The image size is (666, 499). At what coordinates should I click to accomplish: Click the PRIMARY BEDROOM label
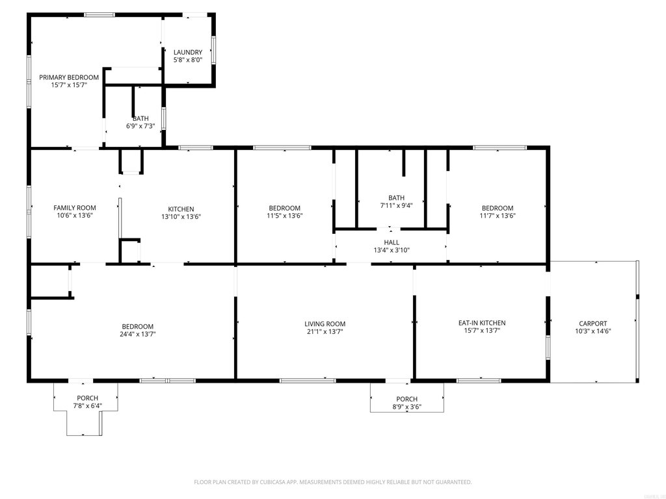click(x=69, y=77)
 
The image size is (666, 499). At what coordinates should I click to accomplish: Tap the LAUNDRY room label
click(x=188, y=52)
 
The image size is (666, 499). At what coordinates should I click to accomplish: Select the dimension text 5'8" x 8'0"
click(x=188, y=60)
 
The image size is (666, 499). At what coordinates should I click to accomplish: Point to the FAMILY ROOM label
click(x=75, y=207)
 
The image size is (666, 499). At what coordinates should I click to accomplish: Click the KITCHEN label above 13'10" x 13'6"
click(x=181, y=209)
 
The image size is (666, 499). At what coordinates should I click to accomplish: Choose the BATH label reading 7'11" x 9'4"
click(x=396, y=198)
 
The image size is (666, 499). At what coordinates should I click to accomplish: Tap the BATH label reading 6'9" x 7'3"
click(x=140, y=118)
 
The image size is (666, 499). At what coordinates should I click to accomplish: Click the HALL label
click(x=392, y=242)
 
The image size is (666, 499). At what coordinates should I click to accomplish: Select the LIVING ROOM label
click(x=325, y=324)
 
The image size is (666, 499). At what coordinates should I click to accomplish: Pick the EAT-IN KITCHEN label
click(x=482, y=323)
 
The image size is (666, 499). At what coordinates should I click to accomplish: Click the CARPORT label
click(x=593, y=324)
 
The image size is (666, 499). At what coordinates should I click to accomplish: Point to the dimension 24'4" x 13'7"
click(x=138, y=334)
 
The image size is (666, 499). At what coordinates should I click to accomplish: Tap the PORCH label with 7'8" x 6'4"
click(x=88, y=398)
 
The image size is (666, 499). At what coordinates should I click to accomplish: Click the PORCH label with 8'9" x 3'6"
click(x=407, y=399)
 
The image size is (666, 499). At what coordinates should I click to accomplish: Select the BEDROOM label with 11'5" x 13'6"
click(x=285, y=208)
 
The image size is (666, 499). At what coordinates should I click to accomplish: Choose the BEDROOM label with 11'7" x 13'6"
click(x=498, y=208)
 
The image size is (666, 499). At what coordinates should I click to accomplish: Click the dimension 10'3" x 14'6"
click(x=593, y=331)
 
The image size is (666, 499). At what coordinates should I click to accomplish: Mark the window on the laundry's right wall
click(x=213, y=49)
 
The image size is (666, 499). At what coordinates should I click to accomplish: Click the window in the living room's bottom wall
click(x=308, y=381)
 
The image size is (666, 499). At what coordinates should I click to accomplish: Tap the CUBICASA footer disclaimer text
click(x=333, y=482)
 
